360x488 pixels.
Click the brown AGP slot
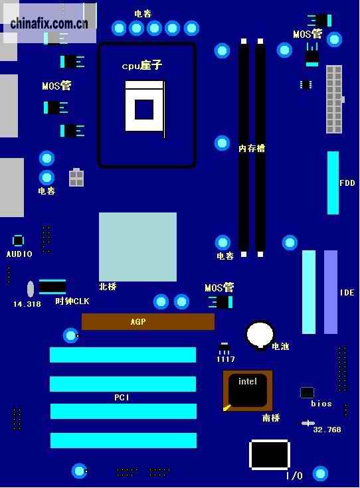[148, 321]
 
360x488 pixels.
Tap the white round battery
[260, 335]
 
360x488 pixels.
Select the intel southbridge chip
[248, 390]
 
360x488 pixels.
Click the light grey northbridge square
[137, 247]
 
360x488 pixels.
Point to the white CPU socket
[145, 106]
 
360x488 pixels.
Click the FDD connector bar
[333, 183]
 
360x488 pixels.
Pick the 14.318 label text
[27, 304]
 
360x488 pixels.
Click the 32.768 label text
[327, 430]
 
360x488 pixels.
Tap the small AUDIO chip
[18, 241]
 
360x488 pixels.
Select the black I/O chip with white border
[270, 455]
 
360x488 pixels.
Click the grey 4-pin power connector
[76, 177]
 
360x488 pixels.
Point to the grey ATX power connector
[334, 100]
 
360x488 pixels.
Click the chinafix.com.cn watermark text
[49, 24]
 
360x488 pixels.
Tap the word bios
[321, 404]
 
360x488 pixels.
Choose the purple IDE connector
[331, 292]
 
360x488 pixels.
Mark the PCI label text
[122, 398]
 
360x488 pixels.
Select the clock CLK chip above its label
[52, 287]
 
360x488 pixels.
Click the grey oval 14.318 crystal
[30, 289]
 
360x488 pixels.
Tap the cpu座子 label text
[142, 65]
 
